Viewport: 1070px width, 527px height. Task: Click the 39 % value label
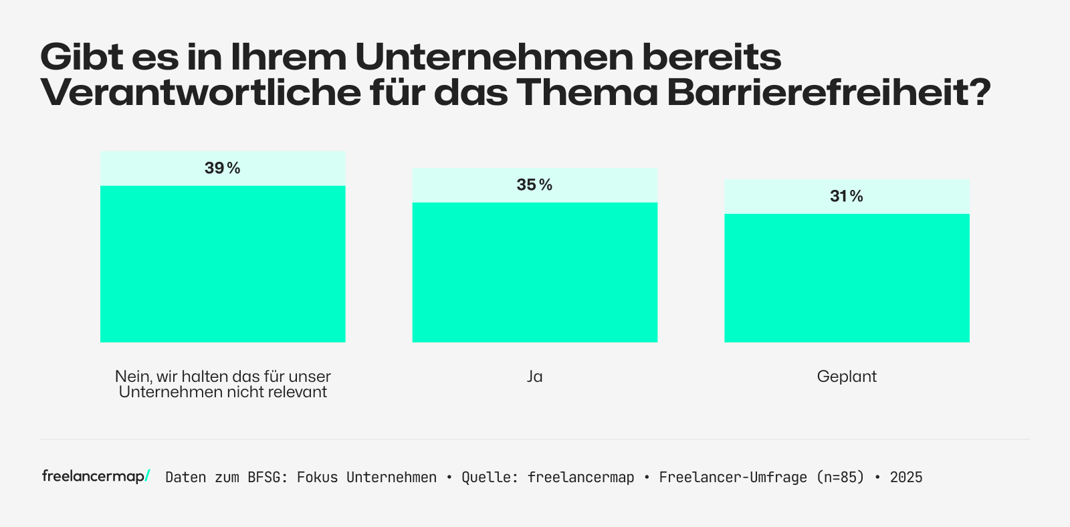(x=222, y=169)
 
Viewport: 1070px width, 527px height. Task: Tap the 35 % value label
(x=534, y=185)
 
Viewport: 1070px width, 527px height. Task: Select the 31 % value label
(x=847, y=197)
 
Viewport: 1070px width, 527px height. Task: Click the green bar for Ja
(x=534, y=272)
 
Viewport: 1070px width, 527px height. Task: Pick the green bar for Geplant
(x=847, y=278)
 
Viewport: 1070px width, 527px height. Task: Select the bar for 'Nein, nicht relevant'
(x=223, y=263)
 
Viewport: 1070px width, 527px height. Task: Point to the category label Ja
(x=534, y=377)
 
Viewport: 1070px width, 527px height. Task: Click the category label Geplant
(x=847, y=377)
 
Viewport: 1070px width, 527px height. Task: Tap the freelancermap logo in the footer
(x=96, y=476)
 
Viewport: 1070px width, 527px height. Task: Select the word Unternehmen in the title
(x=494, y=58)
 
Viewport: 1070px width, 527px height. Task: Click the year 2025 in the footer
(x=906, y=478)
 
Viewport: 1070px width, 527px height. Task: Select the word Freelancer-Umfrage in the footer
(x=733, y=478)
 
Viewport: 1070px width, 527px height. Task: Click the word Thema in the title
(x=588, y=92)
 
